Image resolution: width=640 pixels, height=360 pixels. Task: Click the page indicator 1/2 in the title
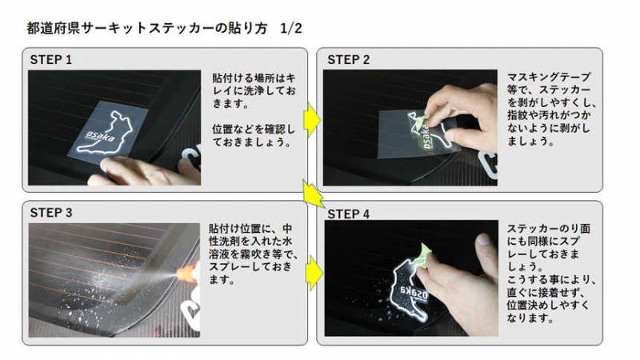coord(291,28)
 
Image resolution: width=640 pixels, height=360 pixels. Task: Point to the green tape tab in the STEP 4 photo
coord(423,255)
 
